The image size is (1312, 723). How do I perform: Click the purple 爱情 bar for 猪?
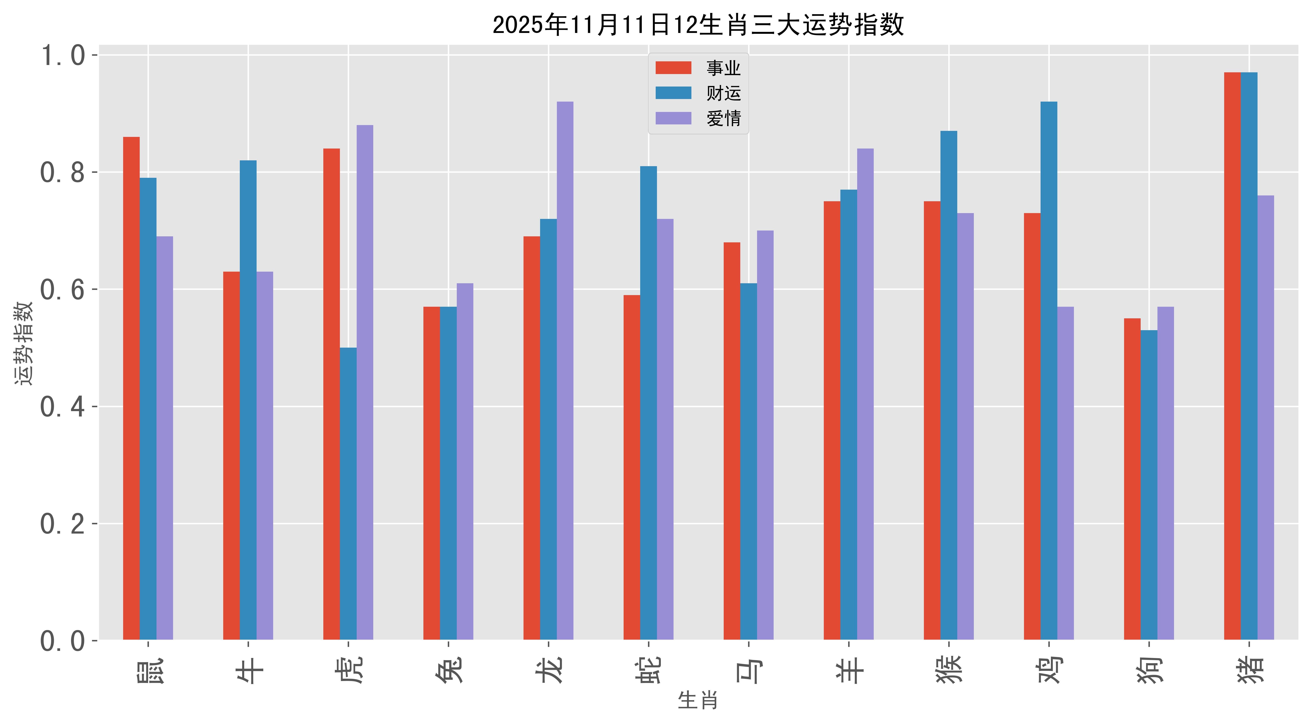(x=1266, y=418)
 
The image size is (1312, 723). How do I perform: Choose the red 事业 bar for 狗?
(x=1132, y=479)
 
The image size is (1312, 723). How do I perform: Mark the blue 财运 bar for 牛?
(x=248, y=400)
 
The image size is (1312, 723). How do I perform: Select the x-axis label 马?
(x=749, y=669)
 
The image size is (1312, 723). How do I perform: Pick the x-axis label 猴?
(x=949, y=669)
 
